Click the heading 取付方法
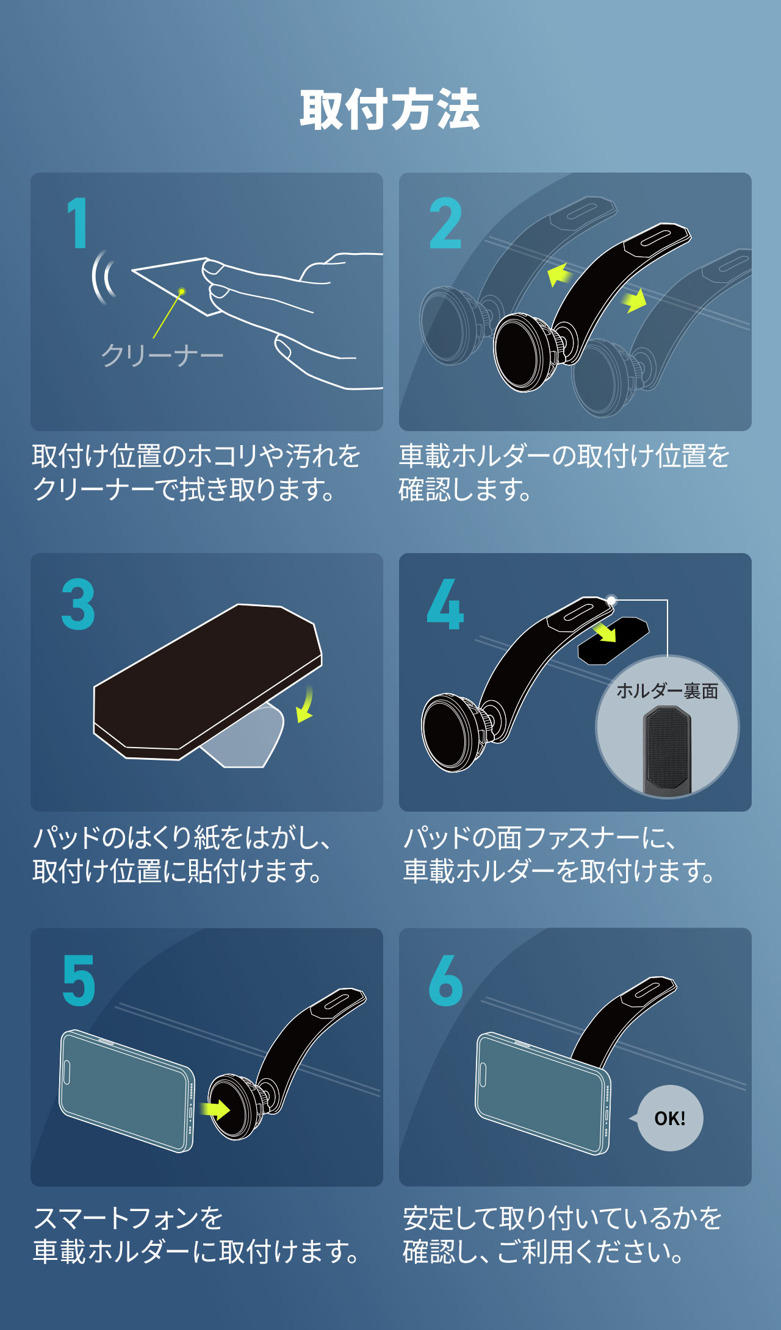pos(390,110)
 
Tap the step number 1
pos(78,223)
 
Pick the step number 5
pos(79,981)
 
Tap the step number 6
pos(445,981)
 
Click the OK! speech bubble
pos(669,1118)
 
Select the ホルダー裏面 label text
pos(667,691)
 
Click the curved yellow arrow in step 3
pos(305,704)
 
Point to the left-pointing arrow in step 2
pos(559,274)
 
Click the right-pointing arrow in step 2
pos(634,301)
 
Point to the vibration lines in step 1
pos(103,277)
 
